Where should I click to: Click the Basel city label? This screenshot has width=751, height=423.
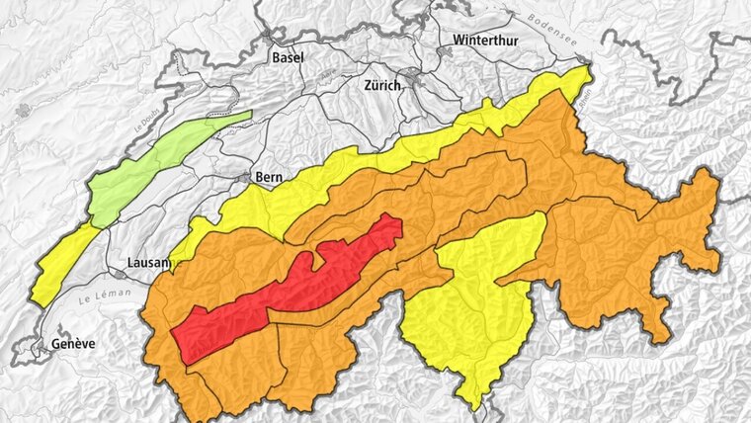[x=288, y=57]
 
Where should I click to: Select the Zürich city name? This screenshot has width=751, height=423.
[x=382, y=85]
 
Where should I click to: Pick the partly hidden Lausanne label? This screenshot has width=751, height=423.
[x=149, y=263]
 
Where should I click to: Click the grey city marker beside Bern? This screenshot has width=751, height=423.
[x=246, y=178]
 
